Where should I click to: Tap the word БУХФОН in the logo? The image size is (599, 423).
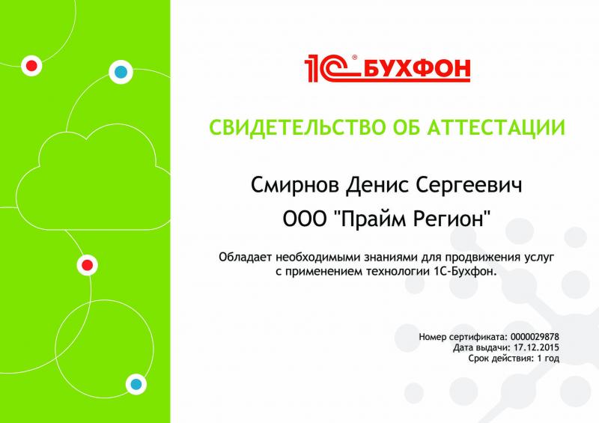pos(416,70)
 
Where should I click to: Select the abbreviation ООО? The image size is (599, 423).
pos(302,219)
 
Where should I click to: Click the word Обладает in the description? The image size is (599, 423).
pos(243,258)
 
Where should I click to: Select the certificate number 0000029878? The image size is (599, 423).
pos(535,338)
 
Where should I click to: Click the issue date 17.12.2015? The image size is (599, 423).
pos(537,348)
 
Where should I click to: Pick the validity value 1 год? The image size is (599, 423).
pos(548,359)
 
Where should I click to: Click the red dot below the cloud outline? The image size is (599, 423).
pos(87,264)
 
